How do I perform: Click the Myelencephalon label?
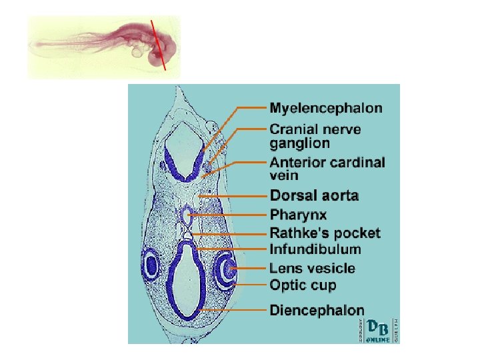(x=325, y=107)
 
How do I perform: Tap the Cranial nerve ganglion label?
(x=315, y=136)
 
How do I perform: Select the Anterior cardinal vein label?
(x=327, y=169)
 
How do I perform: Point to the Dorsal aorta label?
(x=314, y=195)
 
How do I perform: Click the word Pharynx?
(x=298, y=215)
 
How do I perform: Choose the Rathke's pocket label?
(x=325, y=233)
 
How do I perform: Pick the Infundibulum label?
(x=315, y=249)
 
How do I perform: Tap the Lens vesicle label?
(x=312, y=268)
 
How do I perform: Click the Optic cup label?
(x=303, y=285)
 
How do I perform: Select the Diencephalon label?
(x=317, y=310)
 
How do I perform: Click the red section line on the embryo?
(x=159, y=44)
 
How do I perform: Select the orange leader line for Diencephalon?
(x=233, y=310)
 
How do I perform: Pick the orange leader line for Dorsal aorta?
(x=233, y=196)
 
